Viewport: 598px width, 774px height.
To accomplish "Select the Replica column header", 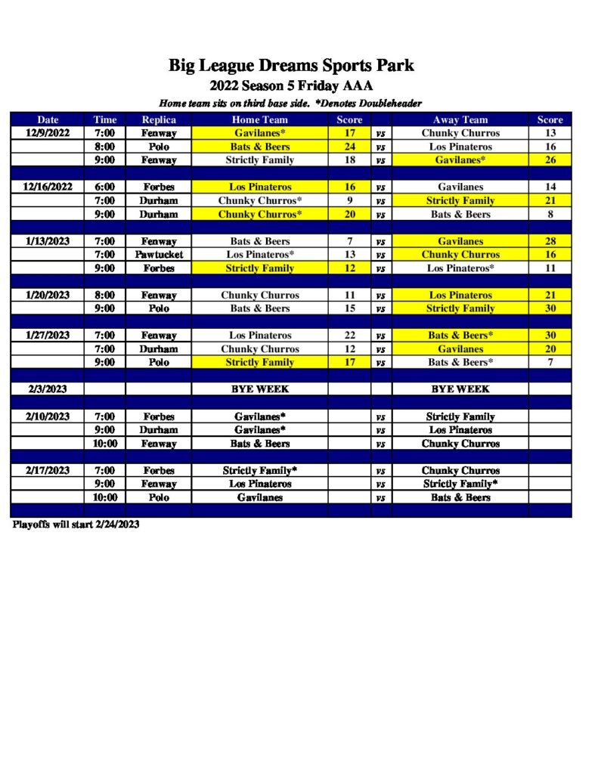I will click(x=159, y=119).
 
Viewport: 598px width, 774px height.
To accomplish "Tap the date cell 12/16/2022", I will click(x=48, y=187).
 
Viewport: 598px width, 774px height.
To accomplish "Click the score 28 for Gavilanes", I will click(x=550, y=241).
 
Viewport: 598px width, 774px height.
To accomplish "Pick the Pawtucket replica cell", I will click(x=159, y=255).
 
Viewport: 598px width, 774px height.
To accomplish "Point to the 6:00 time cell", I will click(x=105, y=187).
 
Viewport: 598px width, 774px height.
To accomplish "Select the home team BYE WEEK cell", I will click(x=259, y=389).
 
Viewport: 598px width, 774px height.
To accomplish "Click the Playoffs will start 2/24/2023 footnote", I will click(x=76, y=524).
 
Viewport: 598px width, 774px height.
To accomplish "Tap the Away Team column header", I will click(x=460, y=119).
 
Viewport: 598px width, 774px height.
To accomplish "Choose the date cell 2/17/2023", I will click(x=48, y=470).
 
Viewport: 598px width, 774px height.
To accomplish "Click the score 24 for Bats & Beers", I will click(x=349, y=147).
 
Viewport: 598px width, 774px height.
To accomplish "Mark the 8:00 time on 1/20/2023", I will click(x=105, y=295).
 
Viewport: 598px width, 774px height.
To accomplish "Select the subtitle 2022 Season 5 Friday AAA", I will click(x=291, y=86).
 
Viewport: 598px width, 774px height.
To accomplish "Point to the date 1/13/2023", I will click(x=48, y=241).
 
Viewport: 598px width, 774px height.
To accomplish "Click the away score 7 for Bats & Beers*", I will click(x=550, y=362).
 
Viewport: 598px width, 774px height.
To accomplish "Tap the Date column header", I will click(x=48, y=119).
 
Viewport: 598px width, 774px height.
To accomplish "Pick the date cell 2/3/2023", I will click(x=48, y=389).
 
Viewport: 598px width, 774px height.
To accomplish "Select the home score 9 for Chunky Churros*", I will click(x=349, y=200).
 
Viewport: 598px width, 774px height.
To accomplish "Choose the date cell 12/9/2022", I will click(x=48, y=133).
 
